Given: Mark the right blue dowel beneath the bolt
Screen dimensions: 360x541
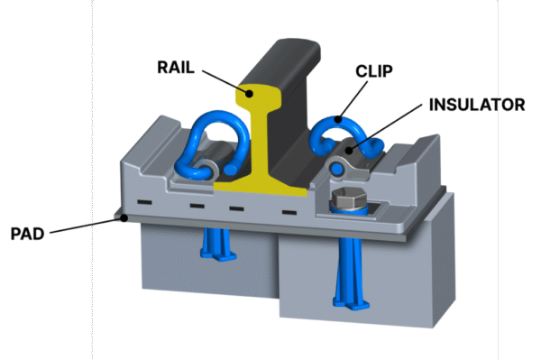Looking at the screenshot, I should [x=349, y=271].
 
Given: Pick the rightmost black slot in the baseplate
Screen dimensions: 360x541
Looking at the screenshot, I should [x=290, y=213].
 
